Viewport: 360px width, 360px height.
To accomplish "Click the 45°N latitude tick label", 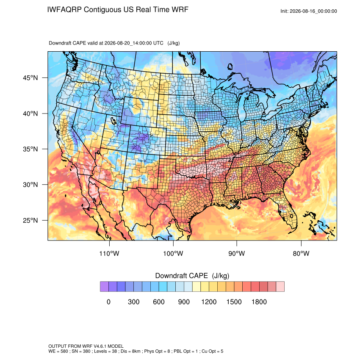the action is [30, 78].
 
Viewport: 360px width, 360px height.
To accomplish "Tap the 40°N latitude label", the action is [30, 114].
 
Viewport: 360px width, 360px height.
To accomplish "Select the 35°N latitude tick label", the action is [30, 149].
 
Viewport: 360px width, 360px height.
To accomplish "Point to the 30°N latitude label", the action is [30, 185].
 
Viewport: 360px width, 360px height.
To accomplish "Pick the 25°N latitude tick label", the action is [30, 220].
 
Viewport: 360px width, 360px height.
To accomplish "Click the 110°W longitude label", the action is [109, 253].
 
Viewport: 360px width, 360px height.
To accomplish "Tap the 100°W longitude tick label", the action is [173, 253].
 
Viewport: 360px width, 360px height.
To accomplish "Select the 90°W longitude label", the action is [236, 253].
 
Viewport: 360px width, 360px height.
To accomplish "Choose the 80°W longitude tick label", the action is [301, 253].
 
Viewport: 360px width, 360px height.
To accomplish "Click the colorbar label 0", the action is [108, 302].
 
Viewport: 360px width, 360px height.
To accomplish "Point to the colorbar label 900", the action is [184, 302].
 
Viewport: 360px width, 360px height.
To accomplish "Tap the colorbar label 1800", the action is [259, 302].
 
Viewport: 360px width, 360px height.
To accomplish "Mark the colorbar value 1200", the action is [209, 302].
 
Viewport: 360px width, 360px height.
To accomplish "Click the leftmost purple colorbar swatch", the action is [104, 287].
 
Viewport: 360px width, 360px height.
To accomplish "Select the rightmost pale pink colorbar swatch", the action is [280, 287].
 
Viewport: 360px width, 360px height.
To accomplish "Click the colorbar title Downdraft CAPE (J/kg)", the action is [192, 276].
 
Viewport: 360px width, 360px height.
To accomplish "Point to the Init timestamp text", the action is [309, 11].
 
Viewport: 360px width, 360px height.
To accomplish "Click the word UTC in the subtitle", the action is [158, 43].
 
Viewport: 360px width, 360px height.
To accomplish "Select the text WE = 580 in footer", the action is [58, 351].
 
